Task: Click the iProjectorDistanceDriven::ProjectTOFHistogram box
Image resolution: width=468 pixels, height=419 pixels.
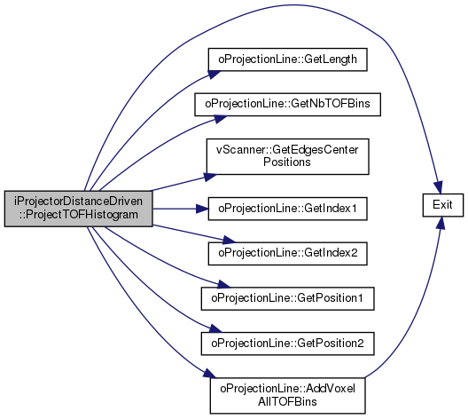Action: tap(79, 209)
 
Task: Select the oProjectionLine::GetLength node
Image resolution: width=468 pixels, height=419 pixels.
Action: tap(287, 59)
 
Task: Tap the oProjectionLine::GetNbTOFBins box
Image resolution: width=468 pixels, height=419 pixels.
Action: tap(287, 104)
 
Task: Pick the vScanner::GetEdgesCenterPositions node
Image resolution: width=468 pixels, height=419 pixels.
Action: tap(287, 156)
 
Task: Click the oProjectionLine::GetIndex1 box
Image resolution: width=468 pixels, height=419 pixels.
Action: tap(287, 209)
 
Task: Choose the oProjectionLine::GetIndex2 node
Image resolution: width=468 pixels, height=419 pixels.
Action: tap(287, 253)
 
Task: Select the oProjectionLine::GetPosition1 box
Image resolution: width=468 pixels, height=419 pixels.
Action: tap(287, 298)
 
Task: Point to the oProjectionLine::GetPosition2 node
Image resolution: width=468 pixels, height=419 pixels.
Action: tap(287, 344)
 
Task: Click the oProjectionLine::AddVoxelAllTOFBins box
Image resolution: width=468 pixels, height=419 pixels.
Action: tap(287, 396)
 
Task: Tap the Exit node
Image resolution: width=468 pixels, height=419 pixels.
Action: tap(443, 205)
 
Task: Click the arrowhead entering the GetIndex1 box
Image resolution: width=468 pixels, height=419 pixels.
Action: tap(202, 209)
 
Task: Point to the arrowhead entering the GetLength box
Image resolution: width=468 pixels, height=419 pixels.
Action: tap(214, 75)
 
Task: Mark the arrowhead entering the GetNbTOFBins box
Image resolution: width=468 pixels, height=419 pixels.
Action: tap(221, 119)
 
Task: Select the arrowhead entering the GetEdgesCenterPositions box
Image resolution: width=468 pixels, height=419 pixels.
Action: tap(211, 177)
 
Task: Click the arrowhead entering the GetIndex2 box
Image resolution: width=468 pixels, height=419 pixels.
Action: tap(229, 240)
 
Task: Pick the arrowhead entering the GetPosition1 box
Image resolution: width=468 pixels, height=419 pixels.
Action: tap(224, 284)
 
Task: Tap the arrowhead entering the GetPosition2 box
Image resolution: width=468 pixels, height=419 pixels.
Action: tap(215, 328)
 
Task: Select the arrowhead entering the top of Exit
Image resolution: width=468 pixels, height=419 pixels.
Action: tap(439, 188)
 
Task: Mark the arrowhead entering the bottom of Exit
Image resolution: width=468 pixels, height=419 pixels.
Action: tap(441, 223)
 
